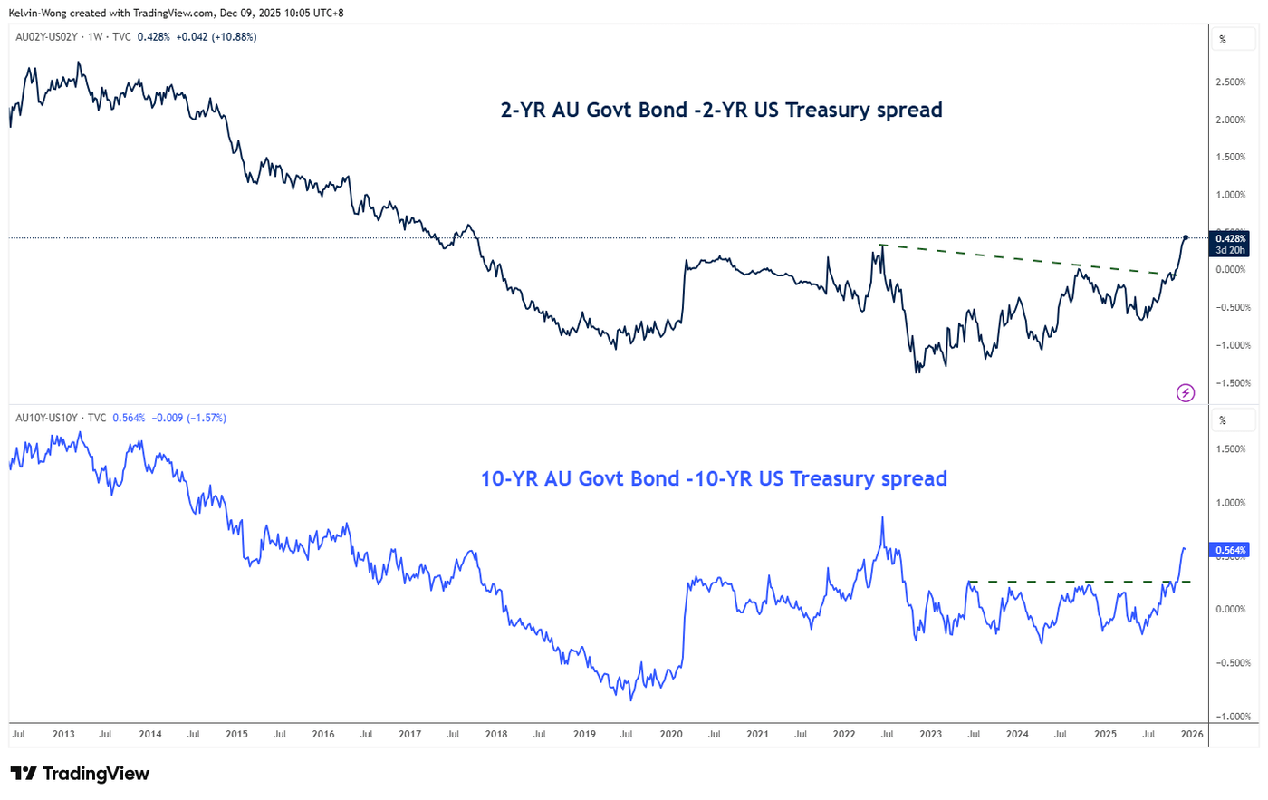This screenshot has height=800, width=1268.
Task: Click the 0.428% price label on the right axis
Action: tap(1230, 239)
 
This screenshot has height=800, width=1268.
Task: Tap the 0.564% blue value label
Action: tap(1230, 550)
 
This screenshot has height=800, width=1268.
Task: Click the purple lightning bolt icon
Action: tap(1186, 392)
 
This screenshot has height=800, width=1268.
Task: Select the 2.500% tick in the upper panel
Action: tap(1231, 82)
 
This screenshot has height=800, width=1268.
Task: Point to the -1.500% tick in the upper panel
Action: tap(1232, 383)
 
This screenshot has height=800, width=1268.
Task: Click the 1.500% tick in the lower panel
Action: tap(1231, 449)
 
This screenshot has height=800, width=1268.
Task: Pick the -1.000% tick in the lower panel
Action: tap(1232, 717)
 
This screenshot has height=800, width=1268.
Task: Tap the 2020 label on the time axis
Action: tap(670, 734)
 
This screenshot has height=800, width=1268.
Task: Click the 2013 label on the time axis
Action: tap(63, 734)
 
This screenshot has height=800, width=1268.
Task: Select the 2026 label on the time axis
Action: tap(1192, 734)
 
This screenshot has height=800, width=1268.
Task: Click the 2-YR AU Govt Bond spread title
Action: tap(721, 110)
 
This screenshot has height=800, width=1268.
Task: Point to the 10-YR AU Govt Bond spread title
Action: tap(714, 478)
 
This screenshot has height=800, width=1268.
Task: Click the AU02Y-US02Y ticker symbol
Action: tap(46, 37)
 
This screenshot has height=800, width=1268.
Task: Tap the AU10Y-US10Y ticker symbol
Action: tap(46, 418)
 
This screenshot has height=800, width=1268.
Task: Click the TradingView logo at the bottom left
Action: tap(80, 774)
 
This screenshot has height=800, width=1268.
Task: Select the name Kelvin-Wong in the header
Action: tap(37, 13)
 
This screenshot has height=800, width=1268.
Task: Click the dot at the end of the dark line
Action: tap(1186, 237)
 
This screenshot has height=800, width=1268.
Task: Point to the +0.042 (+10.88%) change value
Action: tap(216, 37)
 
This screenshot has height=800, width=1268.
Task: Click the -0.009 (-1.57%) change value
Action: tap(187, 418)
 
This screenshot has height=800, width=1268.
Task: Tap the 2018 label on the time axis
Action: tap(496, 734)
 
